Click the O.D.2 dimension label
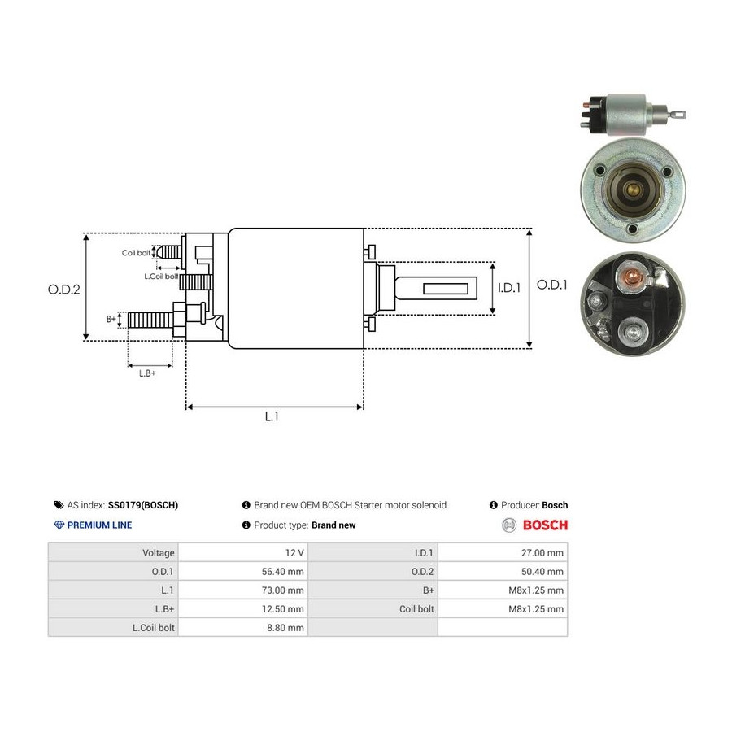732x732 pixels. (x=64, y=290)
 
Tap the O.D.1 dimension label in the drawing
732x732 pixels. (x=551, y=285)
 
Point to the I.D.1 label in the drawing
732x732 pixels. (x=509, y=288)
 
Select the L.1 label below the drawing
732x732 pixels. (x=272, y=416)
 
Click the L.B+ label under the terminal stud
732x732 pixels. (x=147, y=373)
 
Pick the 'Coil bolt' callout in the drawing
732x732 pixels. (x=136, y=253)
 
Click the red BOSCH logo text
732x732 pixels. (x=545, y=525)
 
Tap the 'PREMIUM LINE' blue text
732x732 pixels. (x=99, y=525)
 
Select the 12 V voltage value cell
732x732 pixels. (x=243, y=553)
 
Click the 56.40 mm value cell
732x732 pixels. (x=243, y=572)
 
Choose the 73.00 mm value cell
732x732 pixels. (x=243, y=590)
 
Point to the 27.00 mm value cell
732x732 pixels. (x=503, y=553)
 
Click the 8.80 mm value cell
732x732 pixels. (x=243, y=627)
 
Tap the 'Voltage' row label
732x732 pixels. (x=159, y=553)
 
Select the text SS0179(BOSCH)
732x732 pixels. (x=143, y=505)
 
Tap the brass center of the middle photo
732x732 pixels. (x=633, y=190)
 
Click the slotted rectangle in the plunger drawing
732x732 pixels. (x=446, y=289)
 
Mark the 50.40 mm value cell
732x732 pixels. (x=503, y=572)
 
